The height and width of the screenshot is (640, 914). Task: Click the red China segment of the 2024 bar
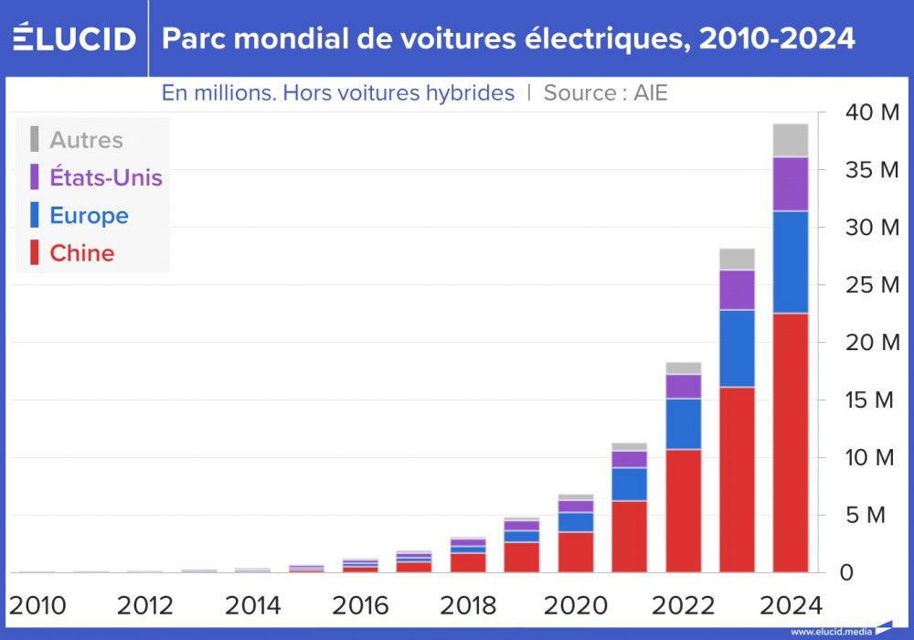pyautogui.click(x=791, y=443)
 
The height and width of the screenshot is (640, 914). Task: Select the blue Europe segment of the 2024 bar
pyautogui.click(x=791, y=262)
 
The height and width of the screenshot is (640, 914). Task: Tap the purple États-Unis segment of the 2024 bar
pyautogui.click(x=791, y=184)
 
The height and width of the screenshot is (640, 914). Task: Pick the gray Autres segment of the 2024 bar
pyautogui.click(x=791, y=140)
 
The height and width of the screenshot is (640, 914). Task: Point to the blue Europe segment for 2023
pyautogui.click(x=737, y=348)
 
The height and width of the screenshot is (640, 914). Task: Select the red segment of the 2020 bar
pyautogui.click(x=576, y=552)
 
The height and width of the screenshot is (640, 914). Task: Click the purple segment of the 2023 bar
pyautogui.click(x=737, y=290)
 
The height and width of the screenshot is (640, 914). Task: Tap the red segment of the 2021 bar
pyautogui.click(x=630, y=537)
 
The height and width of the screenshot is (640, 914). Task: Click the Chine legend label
pyautogui.click(x=82, y=253)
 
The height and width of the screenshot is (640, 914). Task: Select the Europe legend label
pyautogui.click(x=89, y=216)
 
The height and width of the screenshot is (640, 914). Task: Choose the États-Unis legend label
pyautogui.click(x=106, y=177)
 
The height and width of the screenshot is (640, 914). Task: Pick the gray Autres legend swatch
pyautogui.click(x=34, y=139)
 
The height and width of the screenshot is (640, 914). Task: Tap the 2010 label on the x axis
pyautogui.click(x=37, y=605)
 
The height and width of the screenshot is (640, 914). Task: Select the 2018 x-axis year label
pyautogui.click(x=468, y=605)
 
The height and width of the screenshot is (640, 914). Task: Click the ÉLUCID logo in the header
pyautogui.click(x=74, y=38)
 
